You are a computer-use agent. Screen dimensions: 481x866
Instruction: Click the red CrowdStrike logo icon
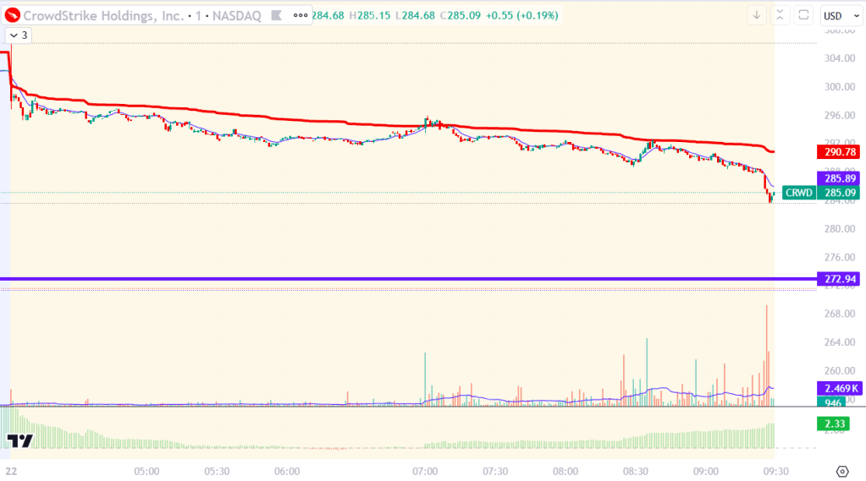click(10, 15)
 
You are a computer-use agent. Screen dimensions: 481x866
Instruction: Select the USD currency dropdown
click(837, 15)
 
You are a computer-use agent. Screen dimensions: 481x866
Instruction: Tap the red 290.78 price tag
click(837, 152)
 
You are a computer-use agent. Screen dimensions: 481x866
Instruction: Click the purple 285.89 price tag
click(837, 178)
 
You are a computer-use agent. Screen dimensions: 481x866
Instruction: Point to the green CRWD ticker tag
click(798, 193)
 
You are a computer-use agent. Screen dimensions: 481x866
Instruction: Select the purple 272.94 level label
click(837, 279)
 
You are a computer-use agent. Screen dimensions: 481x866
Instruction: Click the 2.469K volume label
click(837, 388)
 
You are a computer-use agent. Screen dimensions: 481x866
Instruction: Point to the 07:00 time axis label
click(425, 471)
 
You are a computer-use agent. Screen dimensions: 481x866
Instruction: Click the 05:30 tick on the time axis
click(217, 471)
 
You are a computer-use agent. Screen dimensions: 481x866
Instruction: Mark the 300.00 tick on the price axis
click(837, 86)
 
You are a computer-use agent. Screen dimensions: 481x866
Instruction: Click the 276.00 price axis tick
click(837, 257)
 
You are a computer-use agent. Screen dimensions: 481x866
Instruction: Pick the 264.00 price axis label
click(837, 342)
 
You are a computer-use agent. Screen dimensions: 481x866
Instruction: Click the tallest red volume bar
click(767, 355)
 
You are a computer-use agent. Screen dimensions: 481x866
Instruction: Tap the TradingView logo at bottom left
click(19, 440)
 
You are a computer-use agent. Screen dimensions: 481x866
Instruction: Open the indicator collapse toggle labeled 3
click(19, 35)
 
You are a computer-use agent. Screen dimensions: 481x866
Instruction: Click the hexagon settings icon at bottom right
click(841, 471)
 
